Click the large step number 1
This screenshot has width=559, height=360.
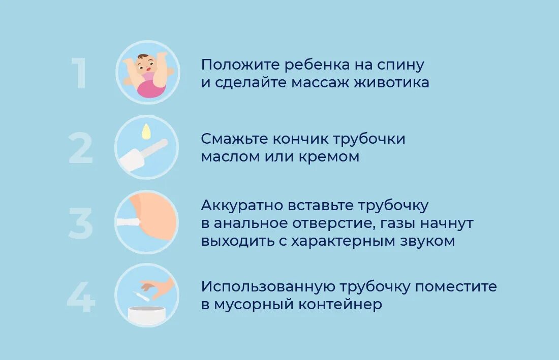(79, 74)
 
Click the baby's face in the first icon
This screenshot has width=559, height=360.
(146, 63)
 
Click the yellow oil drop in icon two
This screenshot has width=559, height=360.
(146, 132)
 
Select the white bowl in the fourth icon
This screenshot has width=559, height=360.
(147, 314)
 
